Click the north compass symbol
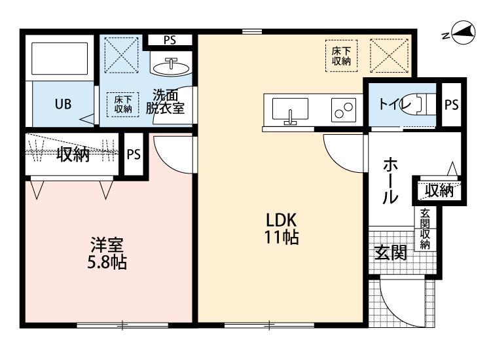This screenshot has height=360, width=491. (462, 33)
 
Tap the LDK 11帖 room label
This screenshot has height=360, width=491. (282, 228)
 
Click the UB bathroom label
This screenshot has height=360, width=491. (63, 103)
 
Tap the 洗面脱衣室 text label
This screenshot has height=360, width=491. (165, 101)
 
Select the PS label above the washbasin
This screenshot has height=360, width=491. (170, 40)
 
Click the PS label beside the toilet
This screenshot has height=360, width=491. (451, 104)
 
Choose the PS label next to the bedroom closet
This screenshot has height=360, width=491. (134, 154)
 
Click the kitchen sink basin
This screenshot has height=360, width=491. (289, 109)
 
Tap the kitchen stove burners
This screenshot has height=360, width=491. (342, 109)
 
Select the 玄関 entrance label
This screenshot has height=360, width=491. (390, 253)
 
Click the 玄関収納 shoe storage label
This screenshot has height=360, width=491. (424, 229)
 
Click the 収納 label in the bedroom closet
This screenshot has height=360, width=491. (72, 154)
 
